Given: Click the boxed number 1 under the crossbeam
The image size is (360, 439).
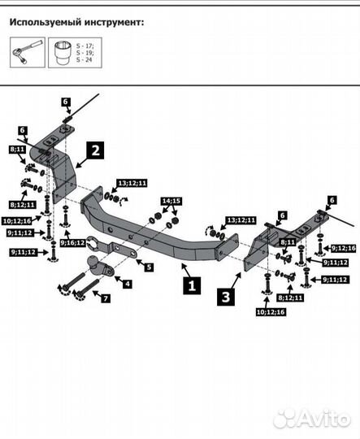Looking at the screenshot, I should pyautogui.click(x=192, y=285).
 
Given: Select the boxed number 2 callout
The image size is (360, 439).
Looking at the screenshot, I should pyautogui.click(x=96, y=150).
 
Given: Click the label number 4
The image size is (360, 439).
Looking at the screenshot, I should pyautogui.click(x=127, y=283).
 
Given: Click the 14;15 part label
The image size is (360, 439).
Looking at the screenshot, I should pyautogui.click(x=171, y=200).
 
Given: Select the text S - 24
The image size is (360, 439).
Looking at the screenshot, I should pyautogui.click(x=85, y=59).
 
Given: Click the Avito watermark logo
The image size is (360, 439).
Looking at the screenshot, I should pyautogui.click(x=313, y=418).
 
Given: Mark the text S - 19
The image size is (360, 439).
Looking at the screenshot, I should pyautogui.click(x=85, y=52).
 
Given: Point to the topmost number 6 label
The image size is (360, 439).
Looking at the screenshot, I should pyautogui.click(x=67, y=101).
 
